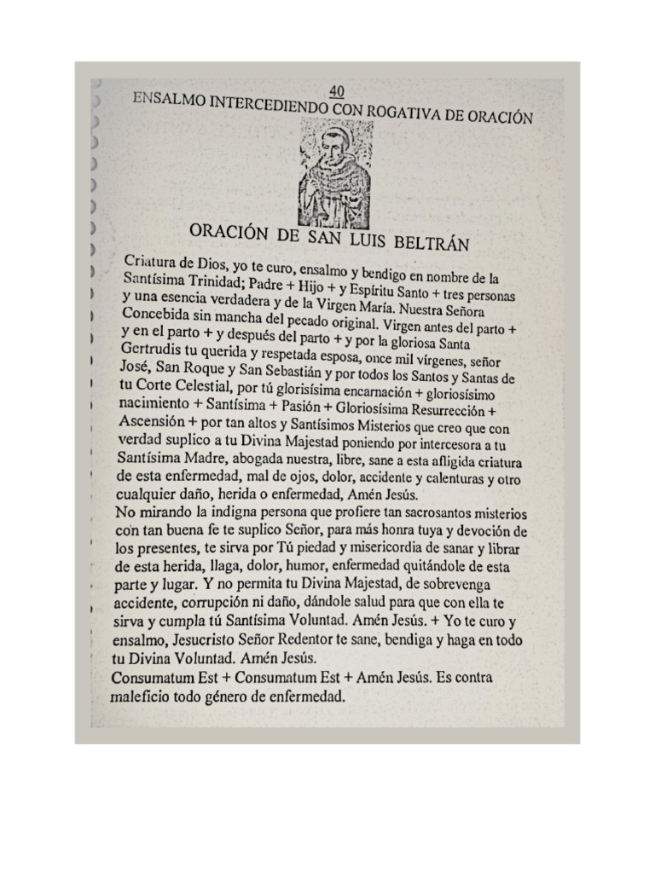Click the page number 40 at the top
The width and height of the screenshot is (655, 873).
(x=335, y=90)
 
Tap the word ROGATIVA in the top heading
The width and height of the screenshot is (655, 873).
(x=400, y=111)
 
